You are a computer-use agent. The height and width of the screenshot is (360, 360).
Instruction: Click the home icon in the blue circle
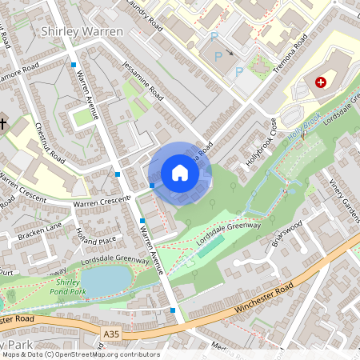180,173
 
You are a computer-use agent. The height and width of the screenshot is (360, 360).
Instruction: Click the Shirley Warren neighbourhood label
82,31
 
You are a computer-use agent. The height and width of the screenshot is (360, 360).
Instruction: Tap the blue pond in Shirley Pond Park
105,280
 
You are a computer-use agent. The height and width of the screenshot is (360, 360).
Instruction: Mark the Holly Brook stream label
305,126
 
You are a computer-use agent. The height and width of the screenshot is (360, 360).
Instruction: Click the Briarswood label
286,231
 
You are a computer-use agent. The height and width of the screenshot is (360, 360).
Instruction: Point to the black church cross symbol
4,124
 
